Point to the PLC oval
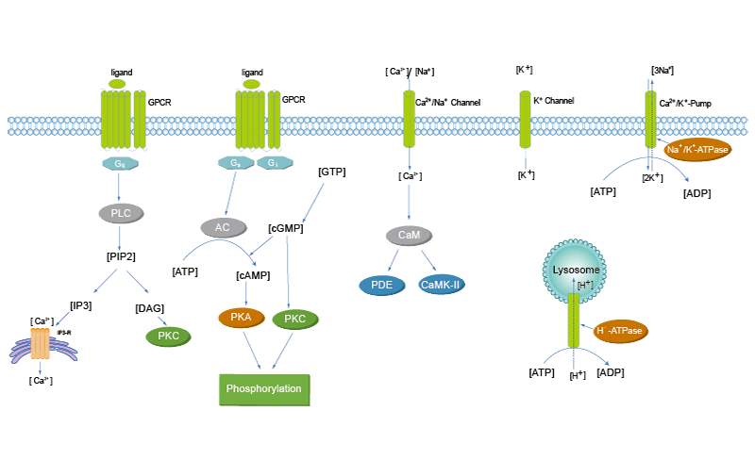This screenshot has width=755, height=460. point(120,213)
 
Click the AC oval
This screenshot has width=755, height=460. point(223,227)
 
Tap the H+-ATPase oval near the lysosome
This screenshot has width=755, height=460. point(621,331)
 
